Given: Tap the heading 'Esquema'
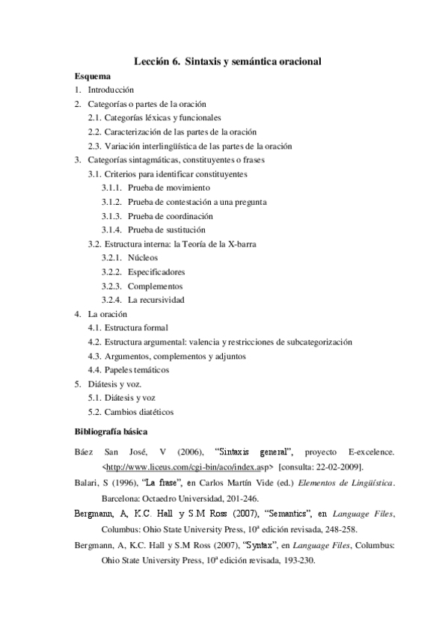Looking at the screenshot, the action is tap(93, 76).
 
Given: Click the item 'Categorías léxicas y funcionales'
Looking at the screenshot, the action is tap(162, 117).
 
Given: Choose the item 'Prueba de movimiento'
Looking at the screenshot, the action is tap(169, 188).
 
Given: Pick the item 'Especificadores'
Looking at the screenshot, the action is tap(156, 271).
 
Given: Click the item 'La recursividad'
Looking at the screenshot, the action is tap(156, 300).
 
